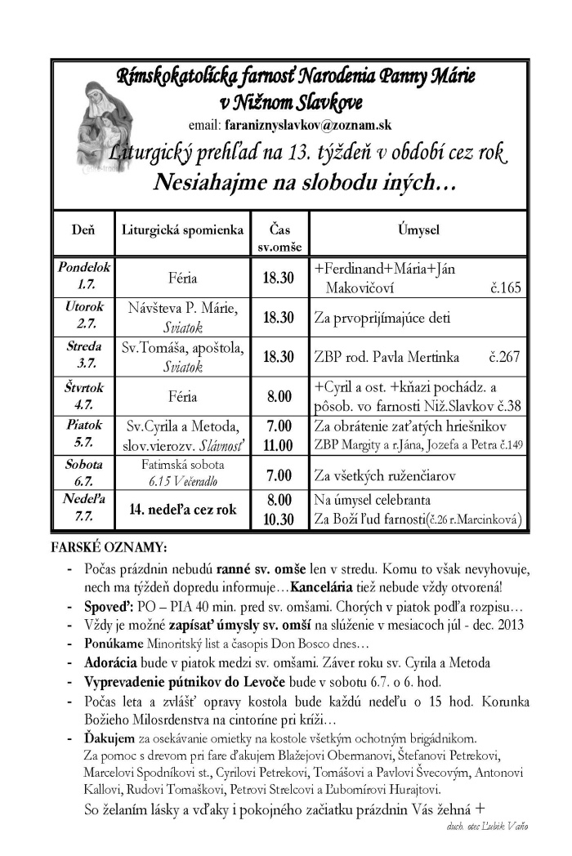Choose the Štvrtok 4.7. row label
click(83, 396)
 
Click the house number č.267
click(505, 357)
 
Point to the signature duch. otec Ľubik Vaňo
click(487, 826)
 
